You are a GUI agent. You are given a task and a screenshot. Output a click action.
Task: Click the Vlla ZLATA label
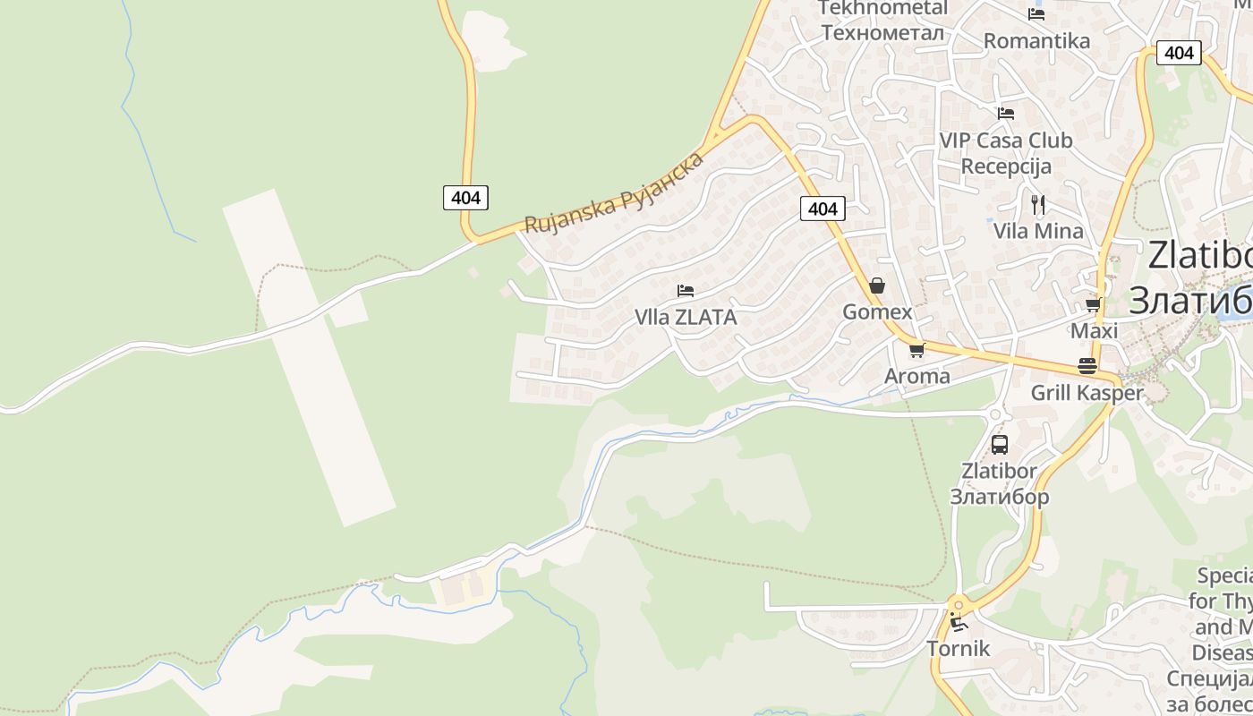[x=686, y=317]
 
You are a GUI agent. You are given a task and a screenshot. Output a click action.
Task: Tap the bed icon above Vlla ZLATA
[x=686, y=291]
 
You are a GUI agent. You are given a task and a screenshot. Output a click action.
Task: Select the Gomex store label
[x=877, y=312]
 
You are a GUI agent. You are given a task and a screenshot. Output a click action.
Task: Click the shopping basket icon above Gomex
[x=877, y=286]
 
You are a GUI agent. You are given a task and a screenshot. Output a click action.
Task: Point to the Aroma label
[x=916, y=376]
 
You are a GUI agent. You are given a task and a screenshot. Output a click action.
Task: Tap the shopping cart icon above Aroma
[x=916, y=350]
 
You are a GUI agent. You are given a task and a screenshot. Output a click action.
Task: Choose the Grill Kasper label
[x=1087, y=393]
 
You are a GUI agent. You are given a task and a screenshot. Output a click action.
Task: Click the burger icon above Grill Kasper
[x=1087, y=366]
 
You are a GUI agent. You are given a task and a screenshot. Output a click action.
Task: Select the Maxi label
[x=1094, y=331]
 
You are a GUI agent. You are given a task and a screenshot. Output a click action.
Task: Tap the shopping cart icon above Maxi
[x=1093, y=305]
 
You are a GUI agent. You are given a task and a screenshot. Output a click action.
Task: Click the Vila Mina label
[x=1038, y=231]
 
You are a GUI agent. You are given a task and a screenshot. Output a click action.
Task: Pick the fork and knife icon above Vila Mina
[x=1038, y=204]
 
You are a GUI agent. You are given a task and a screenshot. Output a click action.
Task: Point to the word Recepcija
[x=1006, y=166]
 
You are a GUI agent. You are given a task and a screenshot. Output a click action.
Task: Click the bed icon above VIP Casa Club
[x=1006, y=114]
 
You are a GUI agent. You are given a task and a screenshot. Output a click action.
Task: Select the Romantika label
[x=1036, y=41]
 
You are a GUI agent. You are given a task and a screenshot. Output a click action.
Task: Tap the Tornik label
[x=958, y=649]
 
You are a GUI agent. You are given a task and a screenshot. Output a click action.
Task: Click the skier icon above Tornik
[x=959, y=622]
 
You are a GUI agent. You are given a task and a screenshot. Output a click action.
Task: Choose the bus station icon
[x=999, y=444]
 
